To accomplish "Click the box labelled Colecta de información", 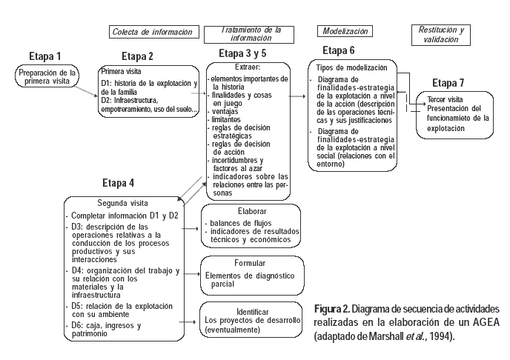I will tap(155, 32).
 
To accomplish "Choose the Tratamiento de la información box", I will tap(252, 33).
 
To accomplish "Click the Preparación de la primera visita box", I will tap(47, 77).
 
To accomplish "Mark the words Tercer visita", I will tap(445, 99).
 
